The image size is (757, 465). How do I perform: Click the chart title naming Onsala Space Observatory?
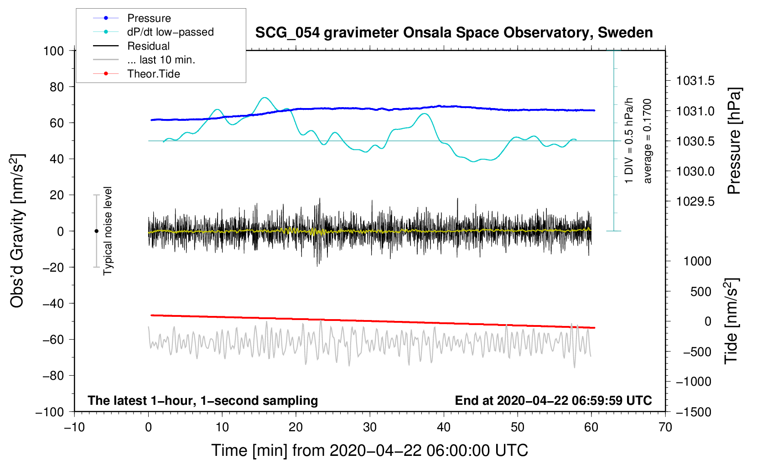tap(454, 33)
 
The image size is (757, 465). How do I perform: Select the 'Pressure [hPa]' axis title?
tap(734, 141)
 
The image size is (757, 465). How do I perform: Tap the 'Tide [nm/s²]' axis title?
tap(731, 321)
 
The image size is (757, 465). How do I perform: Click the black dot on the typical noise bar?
tap(96, 231)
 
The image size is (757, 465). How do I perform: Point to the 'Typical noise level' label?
tap(108, 231)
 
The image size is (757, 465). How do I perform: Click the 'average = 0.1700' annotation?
tap(648, 141)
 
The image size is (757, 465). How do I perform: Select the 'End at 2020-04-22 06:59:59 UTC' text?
tap(553, 401)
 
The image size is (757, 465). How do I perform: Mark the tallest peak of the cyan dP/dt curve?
tap(264, 98)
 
